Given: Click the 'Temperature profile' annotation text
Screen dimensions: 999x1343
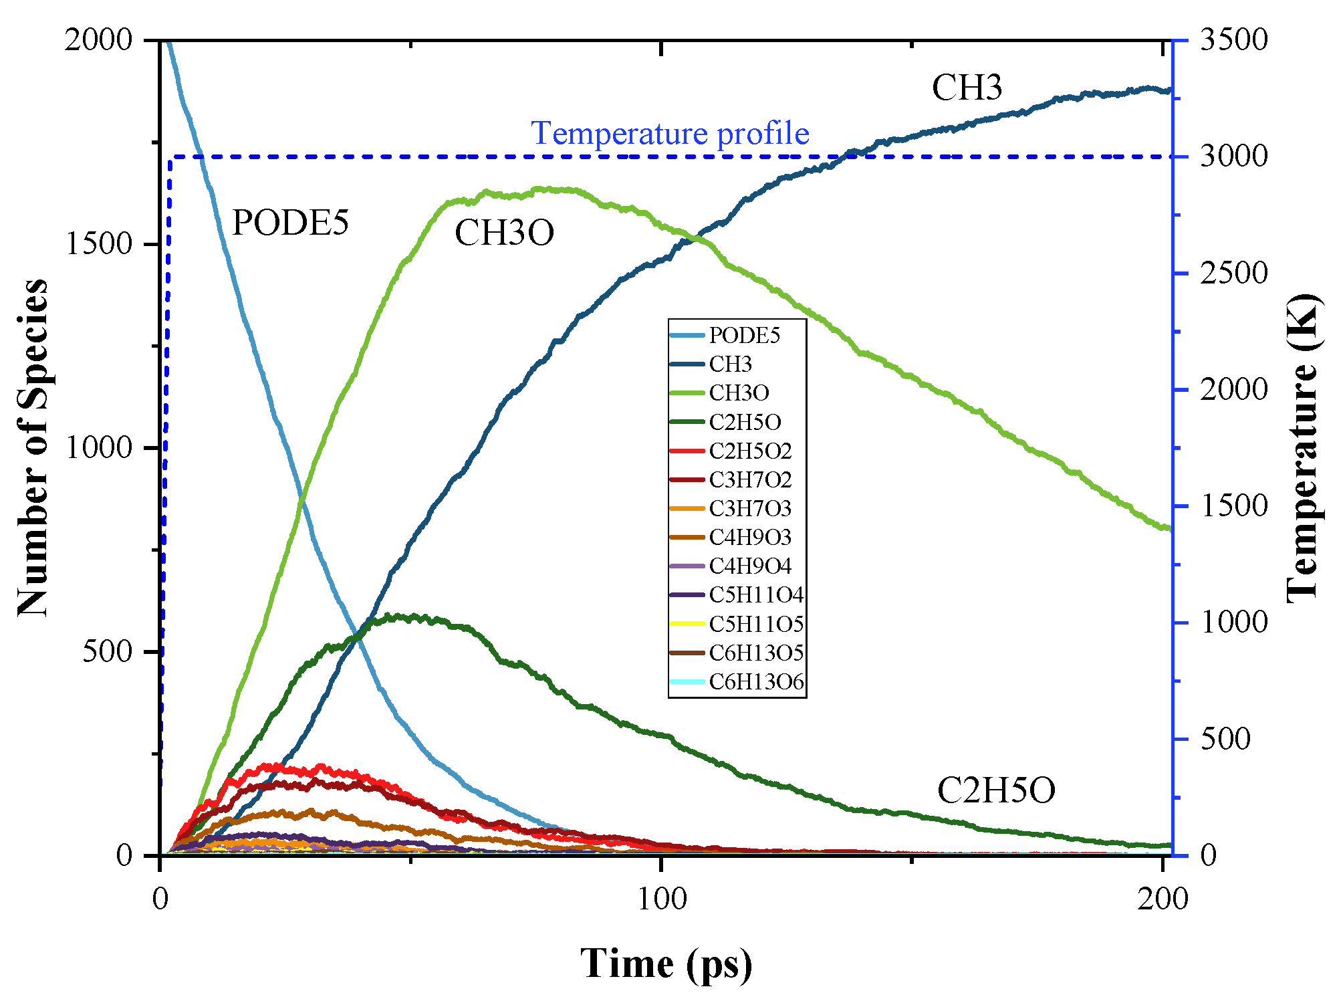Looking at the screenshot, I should click(670, 133).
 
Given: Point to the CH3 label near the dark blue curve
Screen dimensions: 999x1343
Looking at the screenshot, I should click(967, 88).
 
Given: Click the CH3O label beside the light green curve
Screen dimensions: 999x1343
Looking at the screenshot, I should click(504, 233).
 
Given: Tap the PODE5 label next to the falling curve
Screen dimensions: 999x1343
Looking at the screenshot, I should click(290, 223).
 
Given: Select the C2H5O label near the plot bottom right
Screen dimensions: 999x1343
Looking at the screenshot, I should click(996, 790).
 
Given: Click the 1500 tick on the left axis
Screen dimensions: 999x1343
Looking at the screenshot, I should click(99, 243).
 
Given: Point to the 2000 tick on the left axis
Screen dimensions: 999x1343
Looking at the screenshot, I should click(99, 40).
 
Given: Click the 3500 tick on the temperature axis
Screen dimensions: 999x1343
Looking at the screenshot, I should click(1233, 40).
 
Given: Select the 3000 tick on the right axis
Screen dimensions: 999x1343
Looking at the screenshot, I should click(1233, 156).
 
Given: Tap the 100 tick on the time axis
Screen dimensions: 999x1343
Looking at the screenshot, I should click(661, 899).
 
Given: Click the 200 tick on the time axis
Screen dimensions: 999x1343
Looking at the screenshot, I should click(1163, 899).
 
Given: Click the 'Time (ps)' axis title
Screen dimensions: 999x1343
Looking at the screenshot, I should click(666, 964).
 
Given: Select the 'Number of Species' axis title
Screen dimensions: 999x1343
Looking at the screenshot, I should click(33, 447).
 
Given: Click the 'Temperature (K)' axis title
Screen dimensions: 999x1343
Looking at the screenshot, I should click(1304, 447).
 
